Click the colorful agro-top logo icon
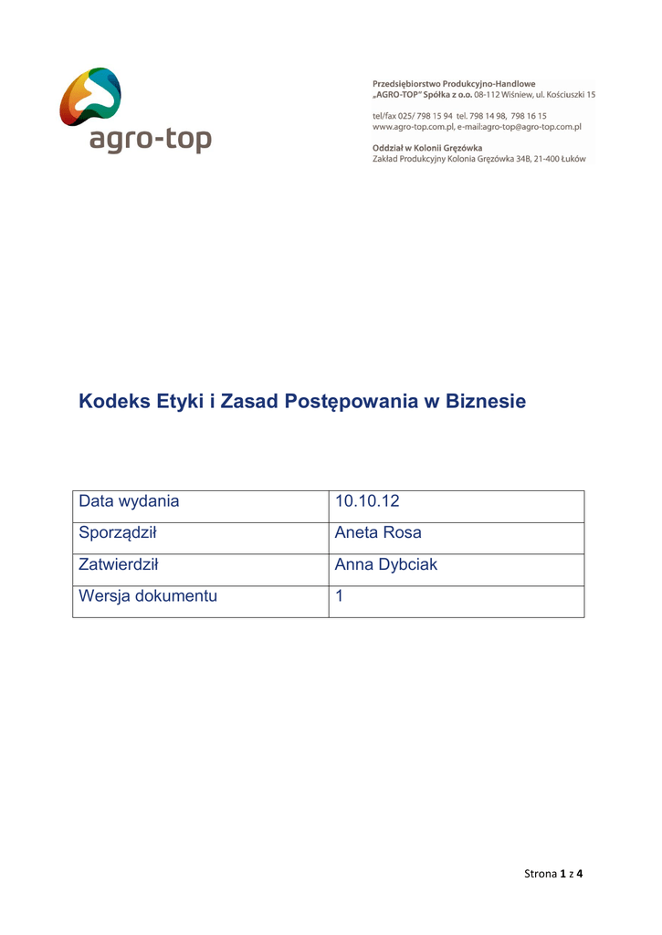(90, 98)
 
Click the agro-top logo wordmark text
(151, 141)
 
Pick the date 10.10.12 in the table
(367, 501)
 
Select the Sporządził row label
(121, 533)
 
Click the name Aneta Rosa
(378, 533)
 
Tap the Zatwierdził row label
(119, 565)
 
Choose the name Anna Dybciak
(386, 565)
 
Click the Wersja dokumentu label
(148, 596)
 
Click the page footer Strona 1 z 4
(553, 874)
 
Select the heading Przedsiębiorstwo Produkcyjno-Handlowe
(454, 84)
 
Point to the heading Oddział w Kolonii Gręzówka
(427, 148)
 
